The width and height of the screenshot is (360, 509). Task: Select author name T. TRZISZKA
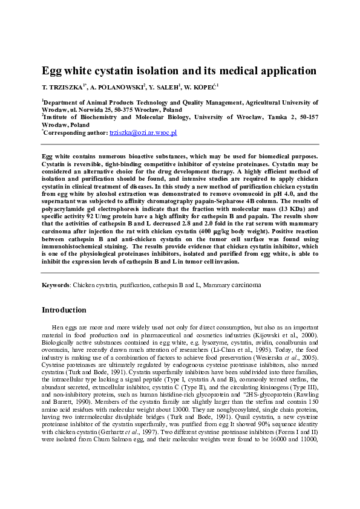click(64, 88)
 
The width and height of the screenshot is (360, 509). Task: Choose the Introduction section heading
click(64, 310)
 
